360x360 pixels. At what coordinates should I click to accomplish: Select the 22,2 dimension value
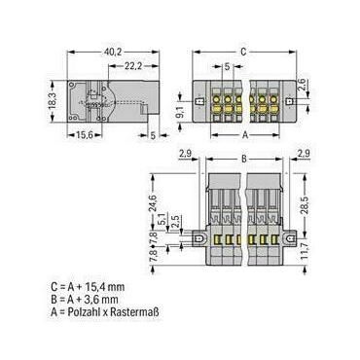(133, 66)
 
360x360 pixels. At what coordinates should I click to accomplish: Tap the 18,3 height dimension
(53, 101)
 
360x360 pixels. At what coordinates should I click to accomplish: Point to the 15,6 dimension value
(85, 135)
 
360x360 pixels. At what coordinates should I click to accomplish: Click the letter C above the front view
(243, 52)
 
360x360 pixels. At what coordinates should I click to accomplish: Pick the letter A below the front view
(245, 135)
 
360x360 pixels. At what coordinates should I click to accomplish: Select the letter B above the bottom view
(244, 159)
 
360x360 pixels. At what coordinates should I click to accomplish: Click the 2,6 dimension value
(303, 84)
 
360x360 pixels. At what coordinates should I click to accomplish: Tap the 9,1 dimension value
(181, 112)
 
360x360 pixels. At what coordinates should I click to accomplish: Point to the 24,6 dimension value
(154, 203)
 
